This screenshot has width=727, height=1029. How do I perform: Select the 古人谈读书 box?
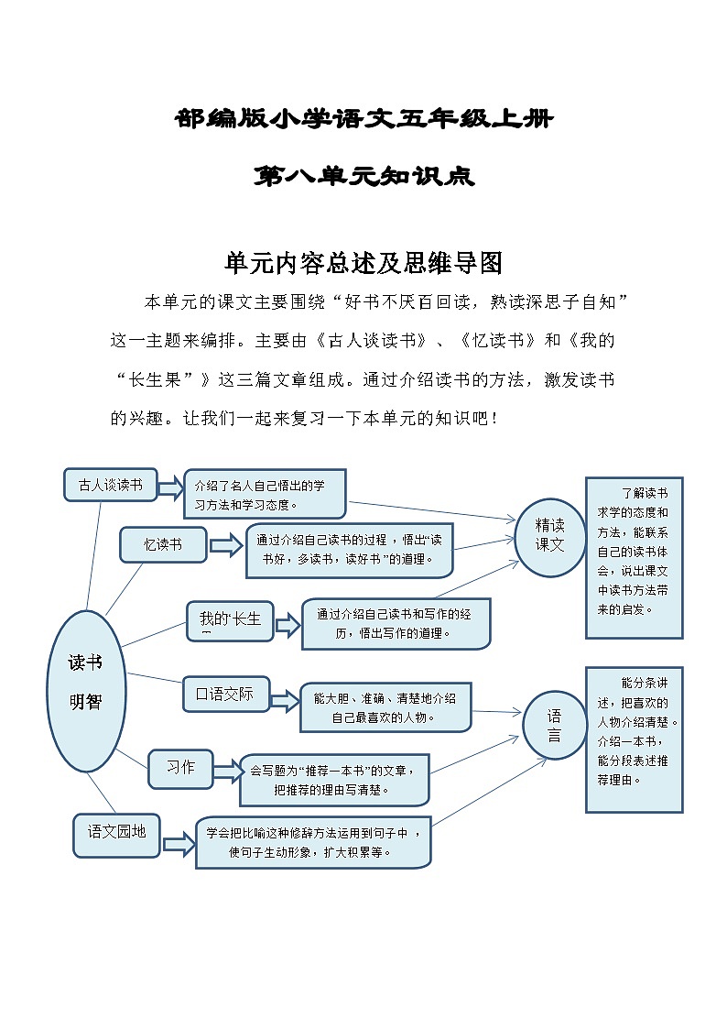tap(111, 485)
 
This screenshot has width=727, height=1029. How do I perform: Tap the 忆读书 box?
tap(163, 544)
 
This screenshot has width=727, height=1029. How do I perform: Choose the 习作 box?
tap(180, 768)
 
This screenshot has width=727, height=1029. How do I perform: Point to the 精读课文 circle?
tap(550, 537)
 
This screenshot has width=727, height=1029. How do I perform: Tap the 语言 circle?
tap(554, 726)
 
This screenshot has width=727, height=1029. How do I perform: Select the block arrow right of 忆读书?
tap(225, 546)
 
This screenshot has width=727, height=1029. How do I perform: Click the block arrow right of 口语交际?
tap(284, 701)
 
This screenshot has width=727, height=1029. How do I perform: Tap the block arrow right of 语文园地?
tap(179, 844)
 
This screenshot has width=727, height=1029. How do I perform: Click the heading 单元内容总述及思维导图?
tap(363, 264)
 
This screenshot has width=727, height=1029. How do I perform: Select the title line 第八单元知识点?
tap(363, 176)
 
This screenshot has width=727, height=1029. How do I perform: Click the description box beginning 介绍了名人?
tap(266, 494)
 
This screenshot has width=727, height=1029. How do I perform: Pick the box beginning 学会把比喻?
tap(312, 842)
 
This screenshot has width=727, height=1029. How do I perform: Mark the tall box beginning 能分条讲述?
tap(634, 739)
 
